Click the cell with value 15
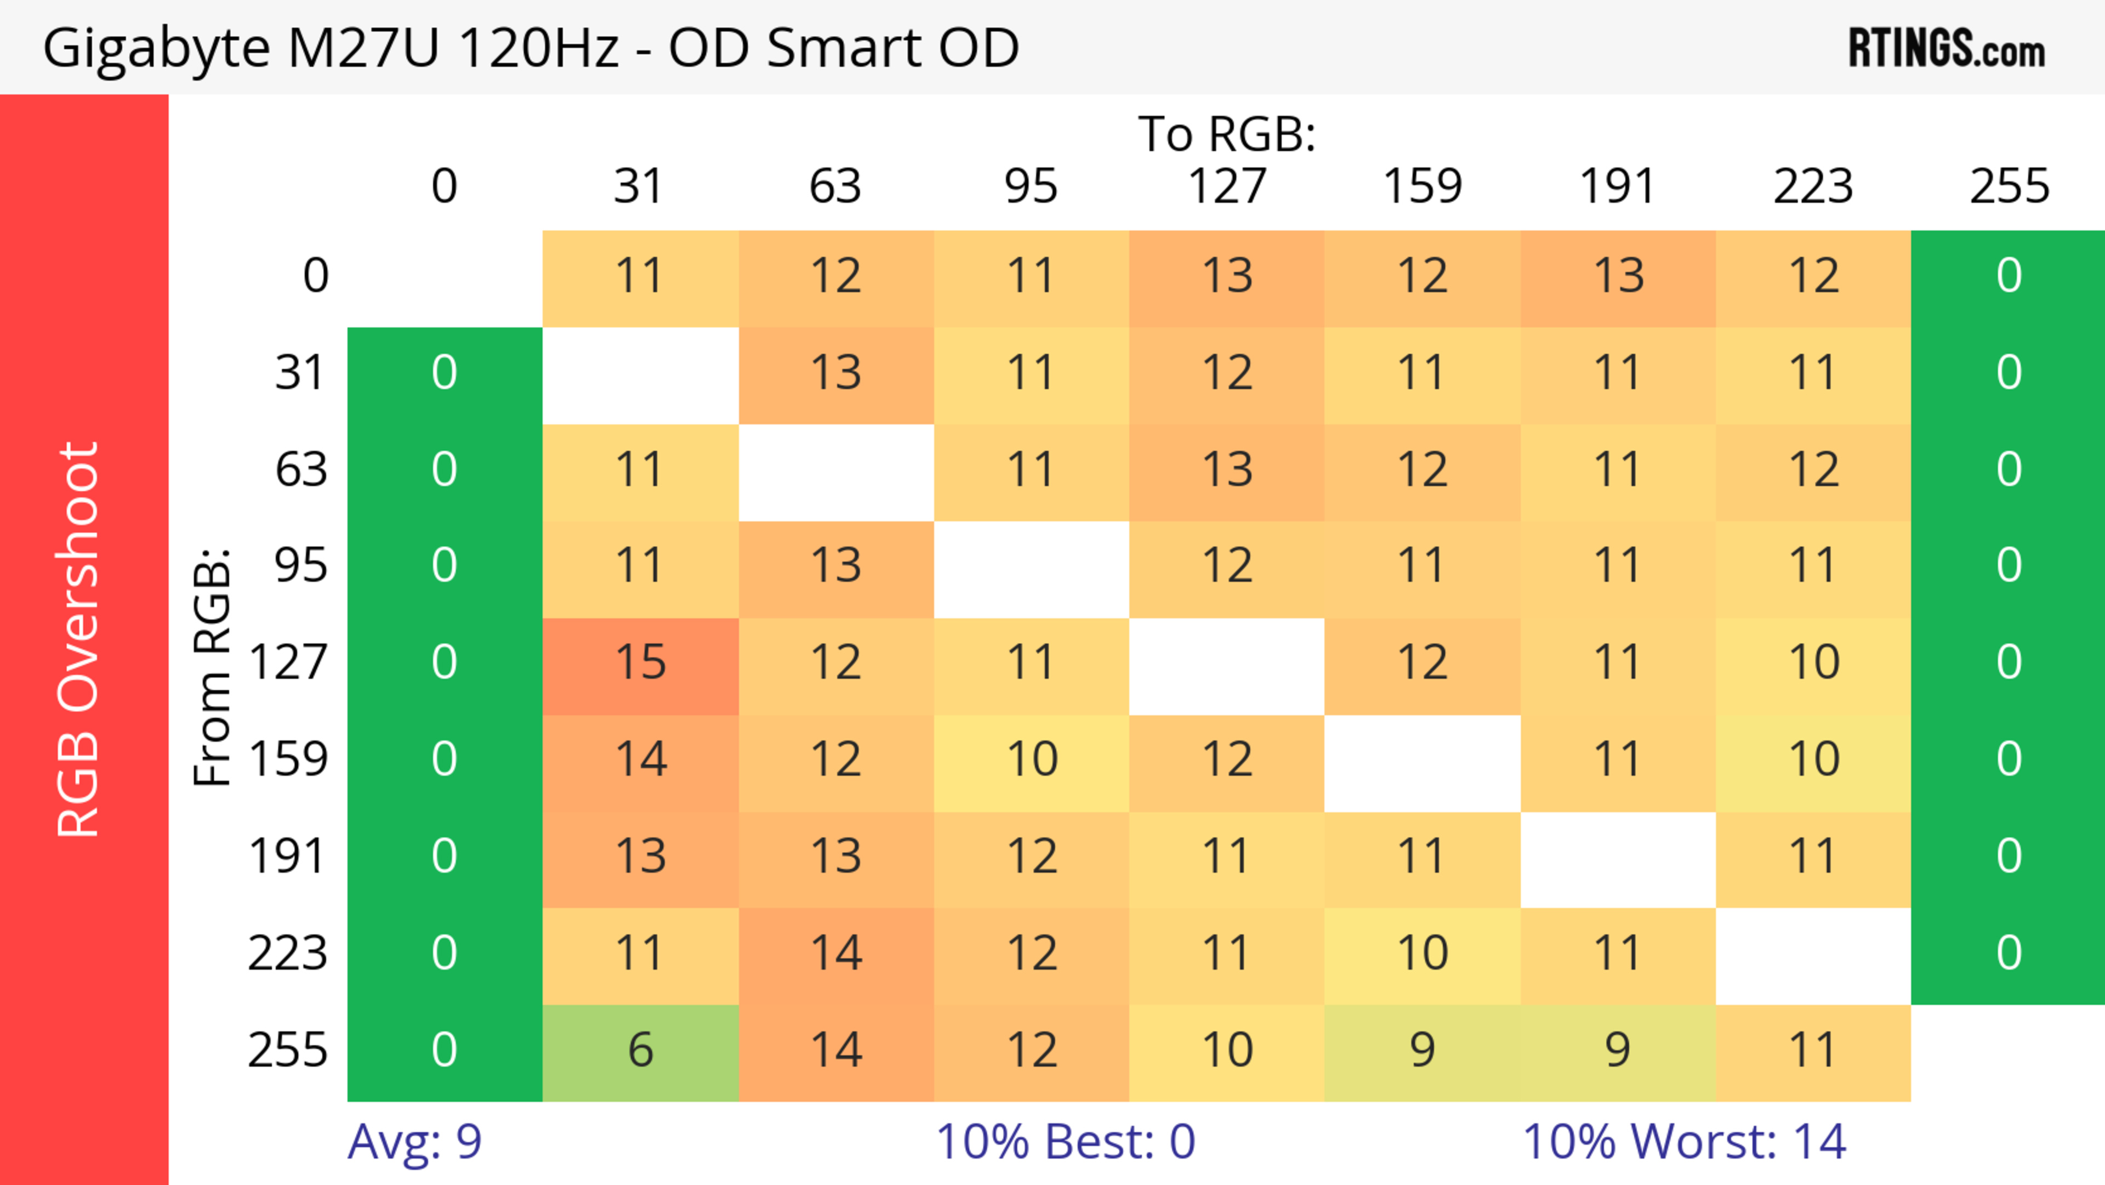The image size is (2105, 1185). [x=641, y=662]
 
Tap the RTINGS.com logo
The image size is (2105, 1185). [x=1947, y=49]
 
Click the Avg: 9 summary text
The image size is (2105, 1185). [x=414, y=1142]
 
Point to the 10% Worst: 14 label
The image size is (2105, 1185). [x=1684, y=1142]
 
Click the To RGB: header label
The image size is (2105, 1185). [x=1227, y=133]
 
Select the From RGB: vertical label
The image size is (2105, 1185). [x=212, y=667]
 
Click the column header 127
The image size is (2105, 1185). [x=1227, y=186]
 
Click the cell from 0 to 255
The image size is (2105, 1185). [x=2009, y=276]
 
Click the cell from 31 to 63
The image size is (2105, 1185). [x=836, y=373]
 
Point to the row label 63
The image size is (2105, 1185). [x=301, y=470]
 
